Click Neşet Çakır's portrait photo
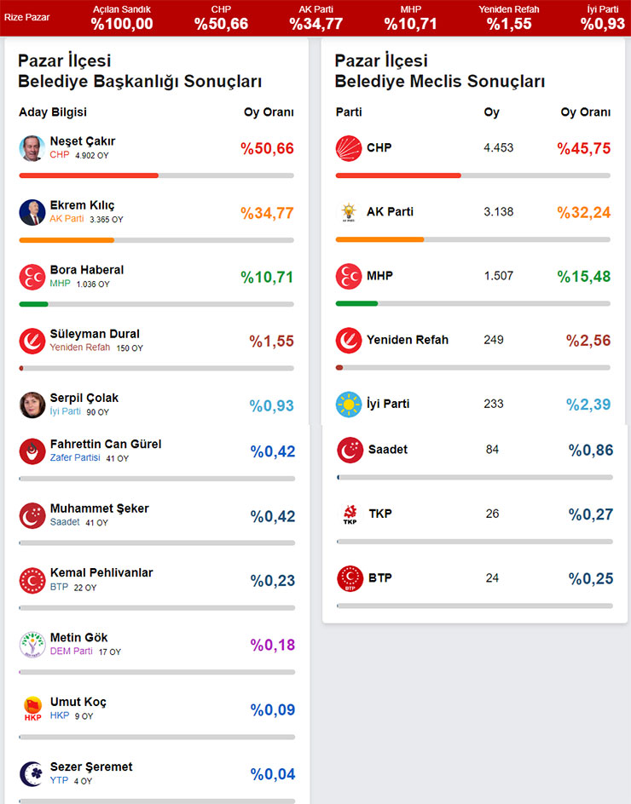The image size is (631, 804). click(32, 148)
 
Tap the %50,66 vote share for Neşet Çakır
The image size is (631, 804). click(267, 149)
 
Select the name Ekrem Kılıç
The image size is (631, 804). click(82, 205)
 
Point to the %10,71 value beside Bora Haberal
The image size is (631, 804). click(267, 277)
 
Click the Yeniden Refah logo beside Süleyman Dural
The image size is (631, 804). click(32, 341)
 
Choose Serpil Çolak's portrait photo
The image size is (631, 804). click(32, 405)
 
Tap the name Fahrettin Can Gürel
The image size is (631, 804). click(106, 444)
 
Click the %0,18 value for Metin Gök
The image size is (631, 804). click(273, 645)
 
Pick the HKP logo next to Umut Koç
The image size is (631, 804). click(32, 709)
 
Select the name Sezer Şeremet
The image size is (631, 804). click(91, 767)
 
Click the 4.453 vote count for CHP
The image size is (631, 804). click(499, 148)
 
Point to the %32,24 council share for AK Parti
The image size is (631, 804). click(584, 212)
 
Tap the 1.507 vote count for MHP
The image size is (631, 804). click(499, 276)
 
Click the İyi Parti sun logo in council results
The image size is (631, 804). click(349, 405)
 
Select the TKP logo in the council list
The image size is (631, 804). click(350, 514)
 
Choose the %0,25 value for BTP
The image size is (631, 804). click(591, 578)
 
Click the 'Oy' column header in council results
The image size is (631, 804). click(492, 112)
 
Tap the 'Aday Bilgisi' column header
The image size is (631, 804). click(53, 112)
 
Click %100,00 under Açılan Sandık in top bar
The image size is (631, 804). click(122, 24)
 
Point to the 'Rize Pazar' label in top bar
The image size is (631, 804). click(26, 17)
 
